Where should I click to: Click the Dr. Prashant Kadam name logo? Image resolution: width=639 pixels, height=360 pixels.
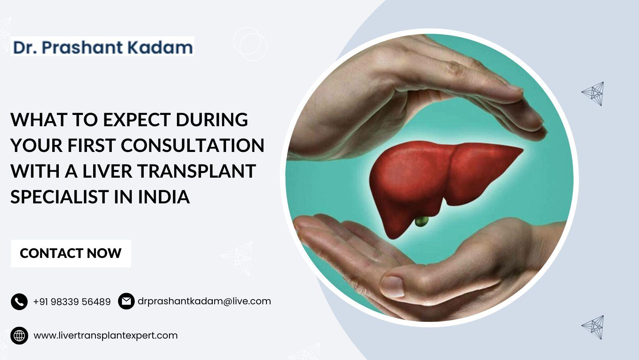pyautogui.click(x=102, y=46)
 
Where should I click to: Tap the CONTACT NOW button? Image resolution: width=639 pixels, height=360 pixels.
pyautogui.click(x=71, y=253)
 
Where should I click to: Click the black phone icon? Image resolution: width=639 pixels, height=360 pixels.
pyautogui.click(x=19, y=302)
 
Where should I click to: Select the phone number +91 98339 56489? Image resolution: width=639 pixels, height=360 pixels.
pyautogui.click(x=72, y=302)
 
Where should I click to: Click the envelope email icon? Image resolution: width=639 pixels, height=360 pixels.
pyautogui.click(x=126, y=301)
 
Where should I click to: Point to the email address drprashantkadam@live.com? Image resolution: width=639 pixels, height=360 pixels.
pyautogui.click(x=204, y=301)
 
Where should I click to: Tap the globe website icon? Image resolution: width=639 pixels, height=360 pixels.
pyautogui.click(x=19, y=335)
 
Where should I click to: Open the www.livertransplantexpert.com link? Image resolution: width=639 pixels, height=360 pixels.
pyautogui.click(x=106, y=335)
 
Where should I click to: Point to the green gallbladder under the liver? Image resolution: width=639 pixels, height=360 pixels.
pyautogui.click(x=422, y=221)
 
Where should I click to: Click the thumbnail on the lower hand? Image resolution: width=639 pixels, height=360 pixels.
pyautogui.click(x=392, y=286)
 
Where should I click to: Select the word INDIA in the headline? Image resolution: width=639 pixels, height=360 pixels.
pyautogui.click(x=164, y=197)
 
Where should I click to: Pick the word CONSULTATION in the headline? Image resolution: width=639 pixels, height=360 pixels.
pyautogui.click(x=192, y=145)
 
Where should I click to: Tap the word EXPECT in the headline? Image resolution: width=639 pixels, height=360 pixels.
pyautogui.click(x=137, y=120)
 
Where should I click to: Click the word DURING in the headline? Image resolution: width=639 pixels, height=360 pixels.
pyautogui.click(x=212, y=120)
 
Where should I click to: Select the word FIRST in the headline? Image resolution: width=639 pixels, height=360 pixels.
pyautogui.click(x=92, y=145)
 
